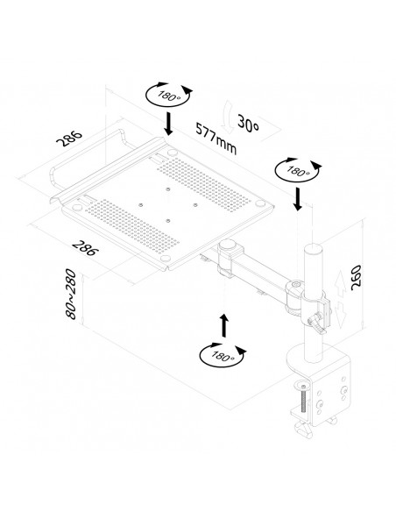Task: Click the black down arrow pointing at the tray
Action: [167, 124]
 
